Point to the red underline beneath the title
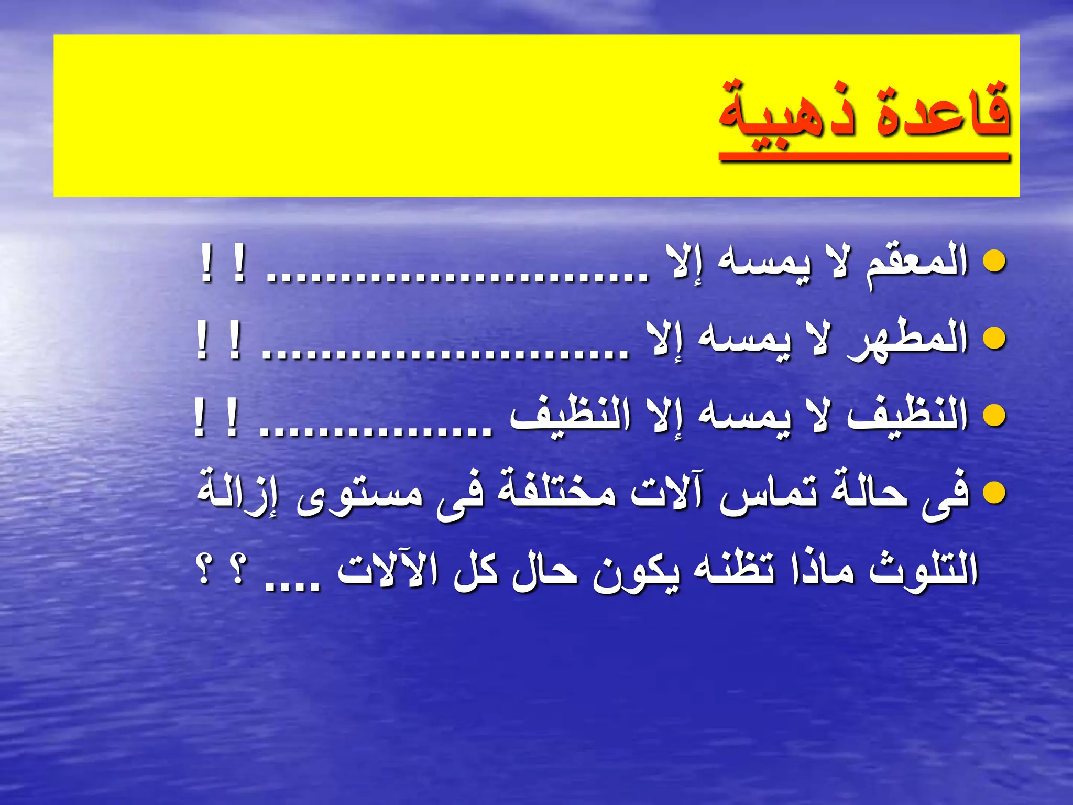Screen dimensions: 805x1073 [864, 156]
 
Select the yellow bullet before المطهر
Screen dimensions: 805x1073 [994, 339]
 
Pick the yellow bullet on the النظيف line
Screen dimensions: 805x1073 [994, 416]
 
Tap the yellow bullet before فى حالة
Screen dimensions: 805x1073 [994, 493]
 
